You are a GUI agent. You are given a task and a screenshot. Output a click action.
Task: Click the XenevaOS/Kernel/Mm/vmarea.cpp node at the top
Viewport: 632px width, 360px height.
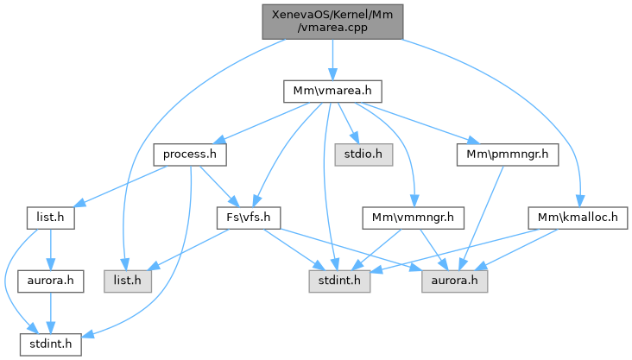(332, 19)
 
